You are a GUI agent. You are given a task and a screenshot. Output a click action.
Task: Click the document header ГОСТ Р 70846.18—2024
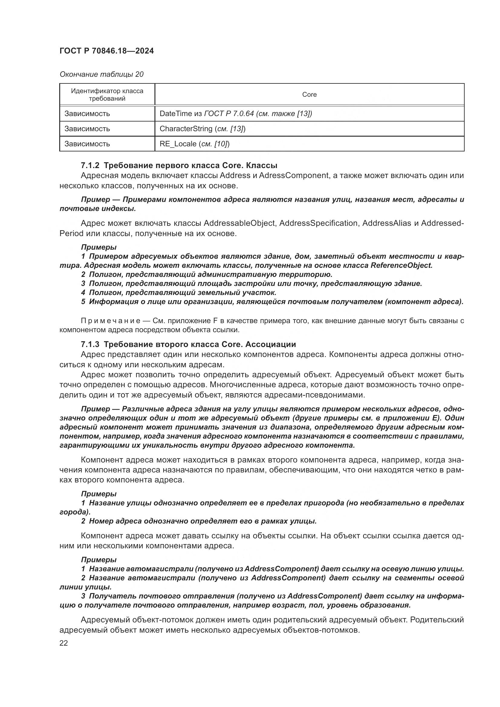click(106, 51)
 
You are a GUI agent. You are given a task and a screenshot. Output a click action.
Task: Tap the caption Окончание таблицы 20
click(101, 74)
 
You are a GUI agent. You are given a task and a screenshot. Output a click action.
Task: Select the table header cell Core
click(309, 95)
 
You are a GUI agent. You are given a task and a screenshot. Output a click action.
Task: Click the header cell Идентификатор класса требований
click(107, 95)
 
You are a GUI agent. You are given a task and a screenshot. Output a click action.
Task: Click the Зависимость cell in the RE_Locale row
click(87, 144)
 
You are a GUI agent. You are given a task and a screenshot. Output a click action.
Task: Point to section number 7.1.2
click(90, 165)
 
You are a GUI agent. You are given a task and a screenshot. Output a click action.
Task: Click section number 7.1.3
click(90, 344)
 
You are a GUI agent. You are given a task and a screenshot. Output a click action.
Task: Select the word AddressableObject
click(239, 223)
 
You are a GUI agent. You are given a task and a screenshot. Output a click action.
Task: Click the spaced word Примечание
click(111, 321)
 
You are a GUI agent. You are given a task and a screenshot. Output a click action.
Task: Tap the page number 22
click(64, 643)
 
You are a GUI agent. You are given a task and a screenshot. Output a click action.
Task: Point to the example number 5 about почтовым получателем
click(83, 301)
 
